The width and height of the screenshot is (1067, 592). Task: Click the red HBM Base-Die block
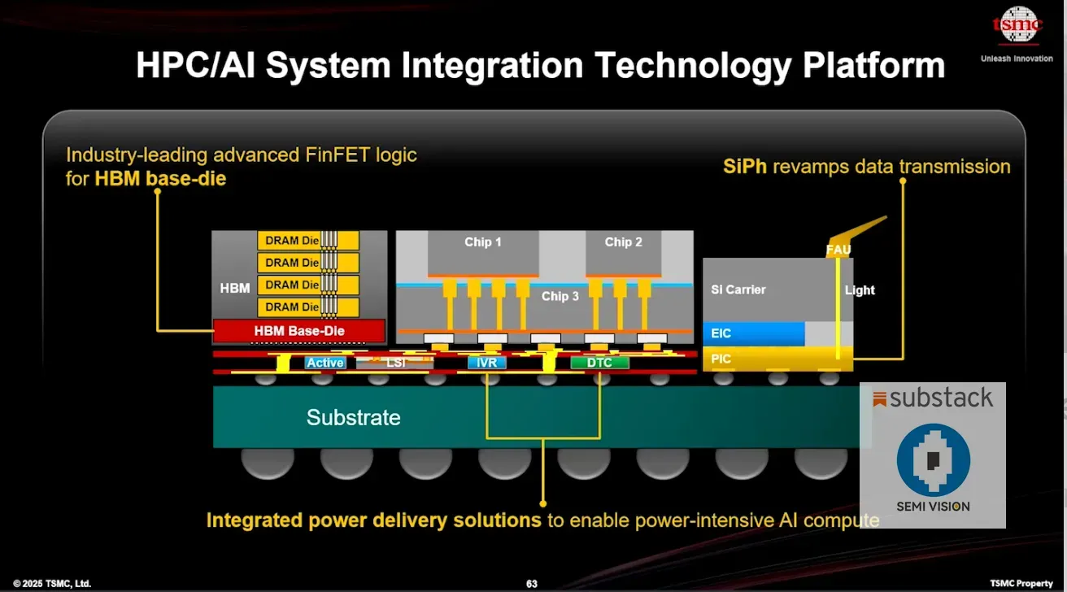tap(298, 331)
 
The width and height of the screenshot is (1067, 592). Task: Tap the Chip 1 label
tap(483, 242)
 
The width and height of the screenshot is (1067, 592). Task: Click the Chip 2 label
tap(624, 242)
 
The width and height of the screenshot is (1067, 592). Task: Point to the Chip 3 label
tap(560, 296)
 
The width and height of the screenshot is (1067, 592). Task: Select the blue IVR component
tap(487, 363)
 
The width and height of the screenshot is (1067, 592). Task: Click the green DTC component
tap(599, 363)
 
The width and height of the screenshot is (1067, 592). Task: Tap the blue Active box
tap(325, 363)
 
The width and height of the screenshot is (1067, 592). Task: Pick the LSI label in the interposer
tap(396, 363)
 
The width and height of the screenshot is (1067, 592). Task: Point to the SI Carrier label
tap(738, 289)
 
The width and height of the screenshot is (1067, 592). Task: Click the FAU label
tap(838, 250)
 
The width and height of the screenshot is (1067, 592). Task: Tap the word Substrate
tap(353, 418)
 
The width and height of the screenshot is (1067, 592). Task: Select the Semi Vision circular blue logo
tap(933, 460)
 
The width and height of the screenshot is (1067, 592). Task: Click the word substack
tap(941, 398)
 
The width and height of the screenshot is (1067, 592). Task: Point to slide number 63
tap(532, 584)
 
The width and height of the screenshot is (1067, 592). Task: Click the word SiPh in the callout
tap(745, 167)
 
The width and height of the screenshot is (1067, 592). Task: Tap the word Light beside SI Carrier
tap(860, 290)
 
